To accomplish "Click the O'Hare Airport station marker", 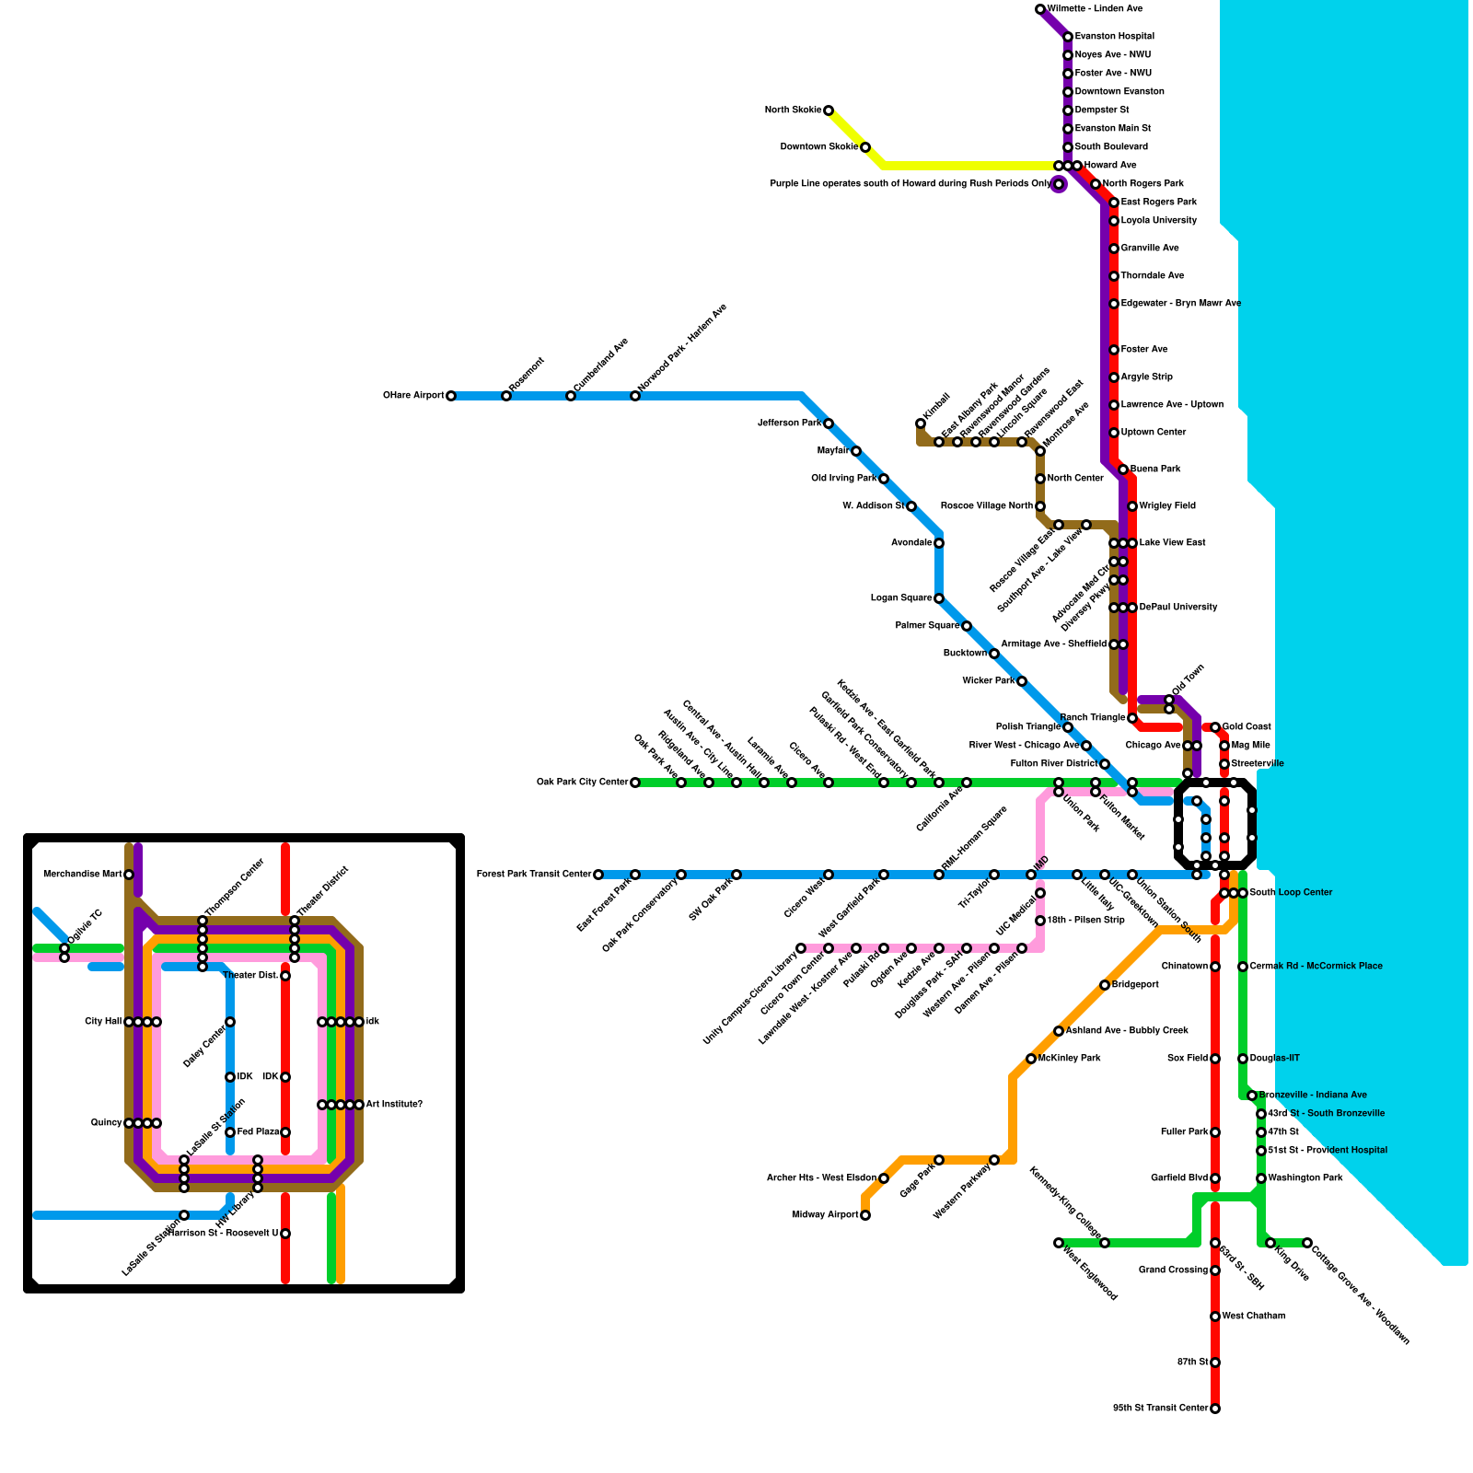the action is (450, 396).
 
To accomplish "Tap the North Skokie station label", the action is (793, 110).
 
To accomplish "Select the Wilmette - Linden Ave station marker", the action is (1040, 9).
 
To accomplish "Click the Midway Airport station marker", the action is (865, 1215).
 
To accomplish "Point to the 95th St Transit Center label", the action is (1160, 1409).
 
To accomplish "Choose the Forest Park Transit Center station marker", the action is (598, 875).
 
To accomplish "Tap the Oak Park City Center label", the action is (583, 783).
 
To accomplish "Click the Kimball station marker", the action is (921, 423).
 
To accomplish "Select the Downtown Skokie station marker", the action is (865, 147).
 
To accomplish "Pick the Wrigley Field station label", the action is (1167, 506).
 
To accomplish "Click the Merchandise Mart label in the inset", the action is (83, 875).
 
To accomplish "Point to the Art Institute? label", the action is (394, 1105).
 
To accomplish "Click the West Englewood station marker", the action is (1059, 1243).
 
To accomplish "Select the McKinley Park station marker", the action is (1031, 1059).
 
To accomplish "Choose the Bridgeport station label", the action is (1135, 985).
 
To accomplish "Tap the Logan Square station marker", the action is (939, 598).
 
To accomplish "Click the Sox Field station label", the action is (1188, 1059).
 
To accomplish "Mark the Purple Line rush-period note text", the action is (910, 184).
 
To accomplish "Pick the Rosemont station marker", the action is (506, 396).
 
